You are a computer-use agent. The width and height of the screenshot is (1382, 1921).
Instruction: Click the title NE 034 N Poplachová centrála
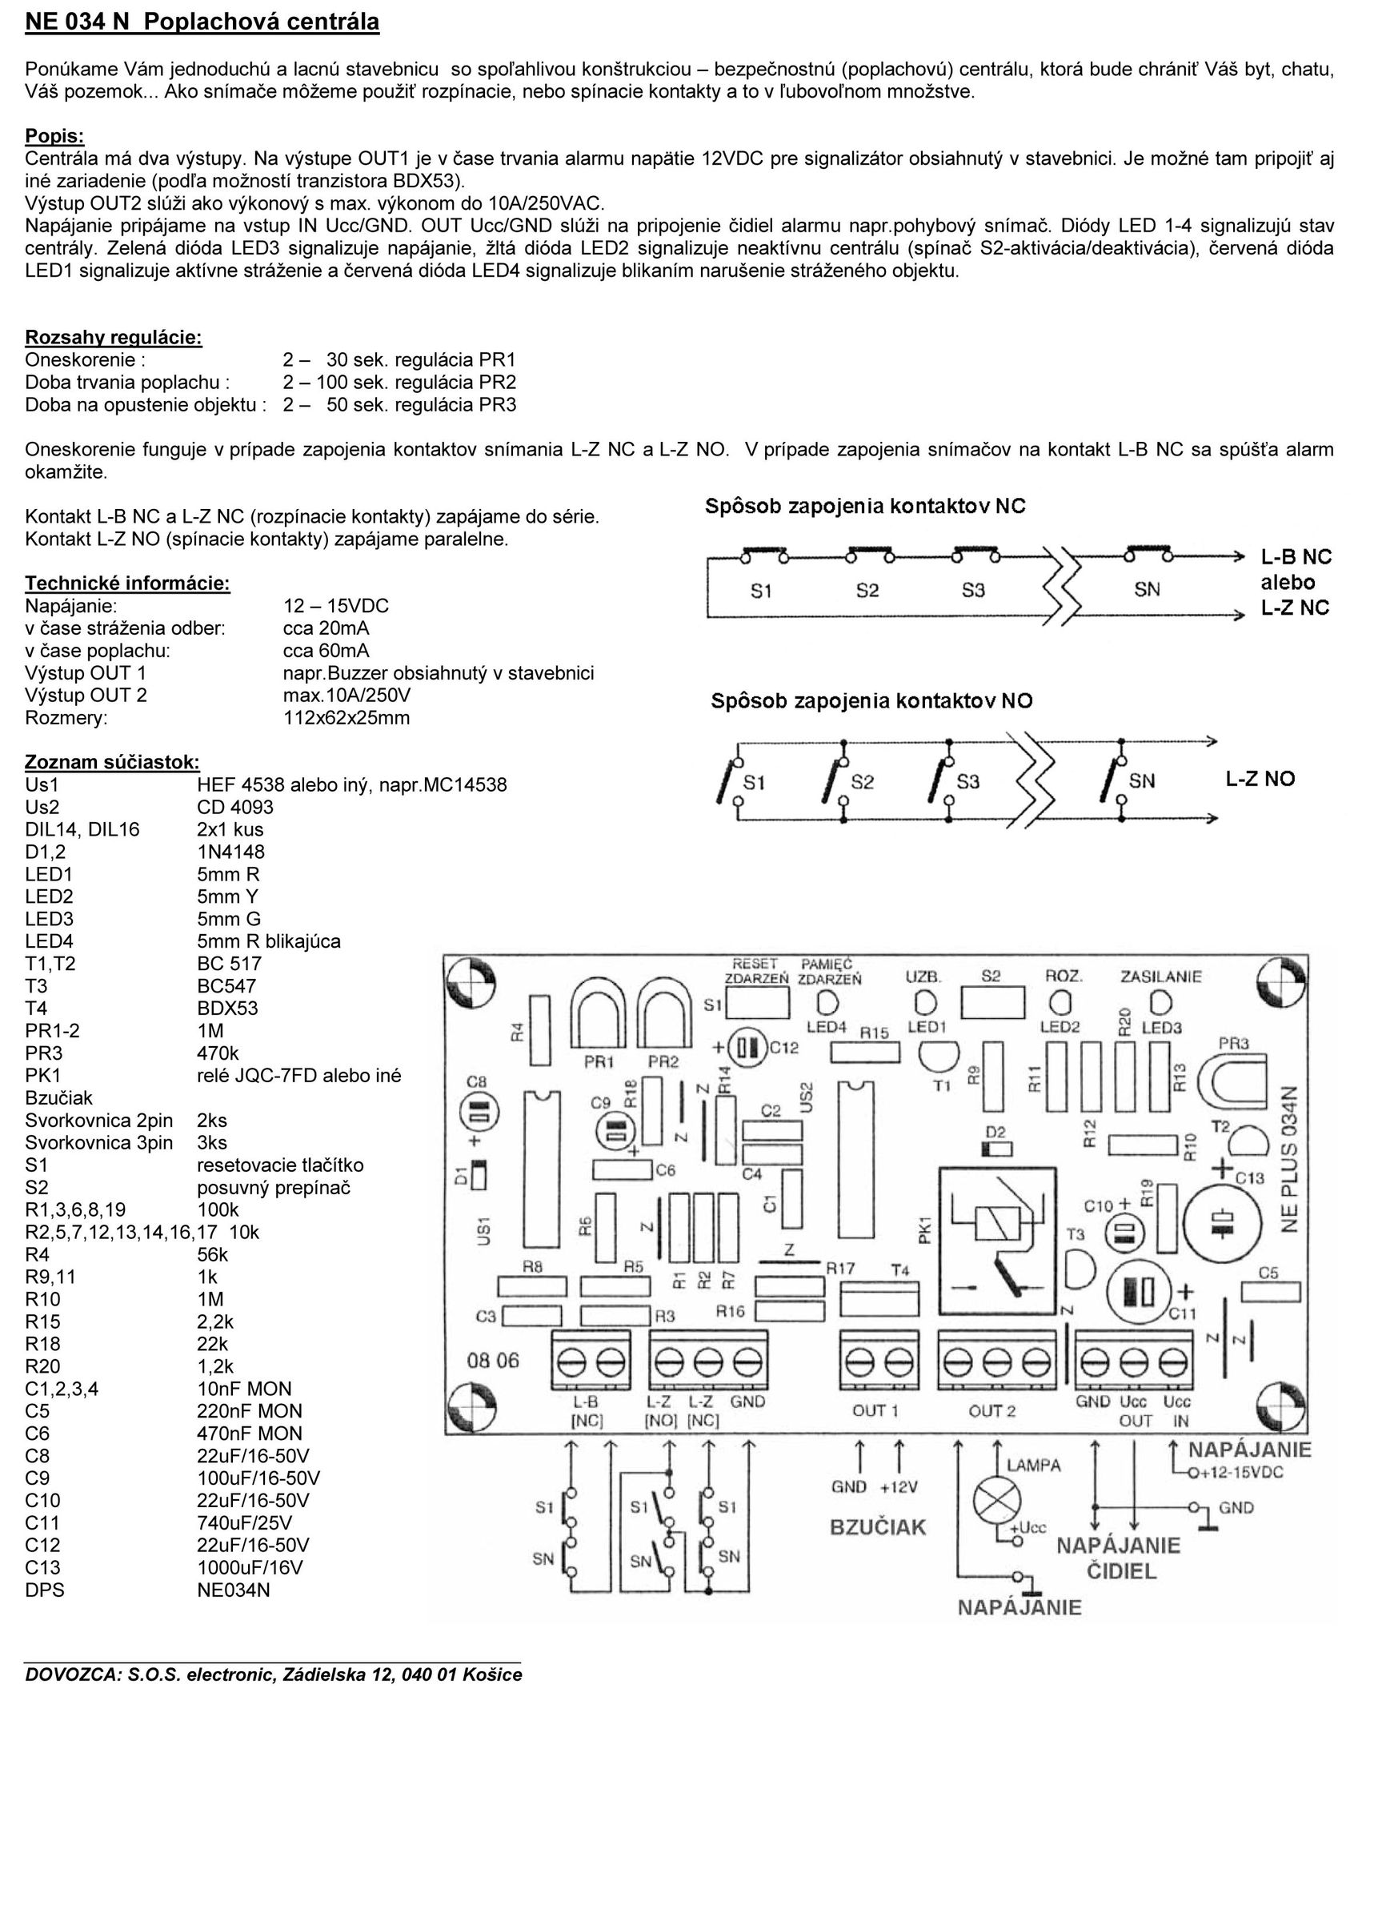pos(202,23)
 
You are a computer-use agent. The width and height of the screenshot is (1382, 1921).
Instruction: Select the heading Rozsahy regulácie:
pos(114,338)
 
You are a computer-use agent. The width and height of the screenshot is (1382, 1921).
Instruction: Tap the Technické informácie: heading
pos(128,584)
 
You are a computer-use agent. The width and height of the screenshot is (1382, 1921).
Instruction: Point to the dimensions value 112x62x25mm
pos(347,718)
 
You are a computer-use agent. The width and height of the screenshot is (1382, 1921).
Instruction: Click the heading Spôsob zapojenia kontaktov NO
pos(871,701)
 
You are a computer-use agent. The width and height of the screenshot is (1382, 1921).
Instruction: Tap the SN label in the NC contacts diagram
pos(1148,590)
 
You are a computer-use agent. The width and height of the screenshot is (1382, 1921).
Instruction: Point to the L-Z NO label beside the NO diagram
pos(1260,780)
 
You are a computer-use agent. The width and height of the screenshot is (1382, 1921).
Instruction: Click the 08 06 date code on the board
pos(492,1362)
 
